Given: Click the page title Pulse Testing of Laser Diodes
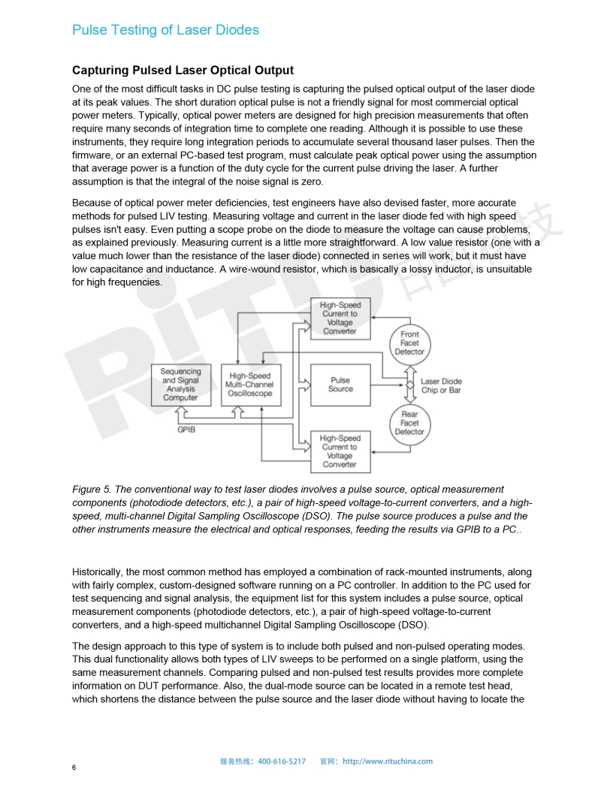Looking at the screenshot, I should (165, 30).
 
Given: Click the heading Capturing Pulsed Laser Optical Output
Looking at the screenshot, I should (183, 71).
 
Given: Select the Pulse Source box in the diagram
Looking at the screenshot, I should (340, 384).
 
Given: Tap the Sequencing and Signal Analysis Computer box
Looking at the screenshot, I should (180, 384).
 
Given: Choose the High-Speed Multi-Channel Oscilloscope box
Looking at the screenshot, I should (250, 384).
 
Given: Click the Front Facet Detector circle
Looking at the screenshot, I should (409, 343).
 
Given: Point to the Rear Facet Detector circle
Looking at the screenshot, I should (409, 423).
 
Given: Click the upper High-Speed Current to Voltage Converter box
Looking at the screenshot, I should (340, 318).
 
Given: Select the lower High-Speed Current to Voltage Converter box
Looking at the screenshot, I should (340, 451).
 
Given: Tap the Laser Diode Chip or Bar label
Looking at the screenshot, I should (441, 386).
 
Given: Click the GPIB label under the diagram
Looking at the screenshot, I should (186, 430).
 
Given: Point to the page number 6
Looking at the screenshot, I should (74, 767).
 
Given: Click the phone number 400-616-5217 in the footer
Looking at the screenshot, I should (282, 761).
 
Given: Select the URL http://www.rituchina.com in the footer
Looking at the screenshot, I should (388, 761).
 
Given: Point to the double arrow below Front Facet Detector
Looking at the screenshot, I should (410, 372).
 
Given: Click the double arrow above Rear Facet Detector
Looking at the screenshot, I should (410, 396).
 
